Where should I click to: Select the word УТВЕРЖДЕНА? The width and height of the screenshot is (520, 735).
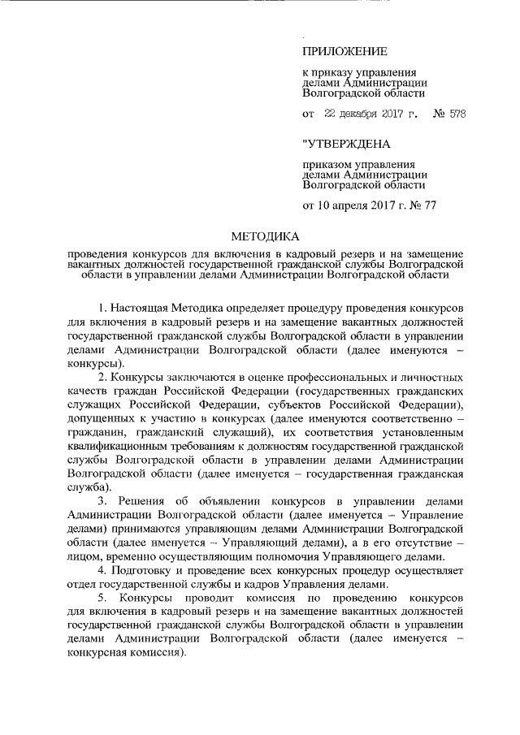346,145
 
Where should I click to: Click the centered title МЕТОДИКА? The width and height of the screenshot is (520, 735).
266,237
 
